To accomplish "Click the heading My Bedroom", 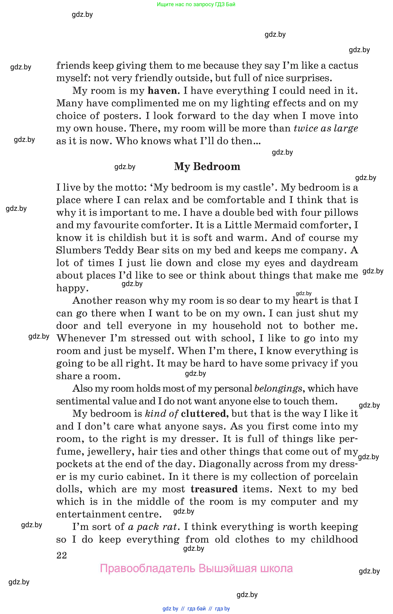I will click(x=207, y=167).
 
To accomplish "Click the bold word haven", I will click(x=162, y=91).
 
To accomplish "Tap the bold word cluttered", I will click(x=203, y=413).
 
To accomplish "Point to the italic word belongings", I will click(x=278, y=388).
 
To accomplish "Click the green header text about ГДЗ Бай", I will click(x=196, y=4).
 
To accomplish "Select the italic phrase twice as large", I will click(x=326, y=128).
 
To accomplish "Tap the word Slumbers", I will click(x=79, y=250).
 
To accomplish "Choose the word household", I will click(x=237, y=326).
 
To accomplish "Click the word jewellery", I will click(x=110, y=451).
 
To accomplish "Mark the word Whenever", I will click(x=81, y=338).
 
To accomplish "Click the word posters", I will click(x=122, y=116).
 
